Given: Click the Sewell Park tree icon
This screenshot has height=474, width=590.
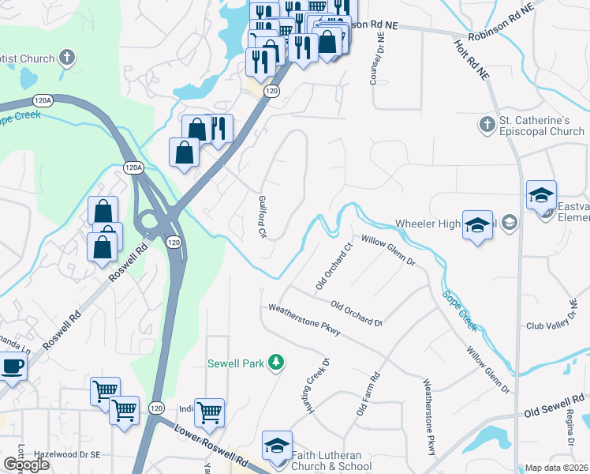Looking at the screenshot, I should pos(276,363).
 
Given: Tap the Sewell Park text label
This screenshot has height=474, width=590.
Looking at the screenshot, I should pos(236,363).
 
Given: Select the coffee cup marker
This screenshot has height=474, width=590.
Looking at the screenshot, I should pos(12,367).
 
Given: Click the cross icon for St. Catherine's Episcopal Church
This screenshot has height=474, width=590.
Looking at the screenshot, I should pos(487,124).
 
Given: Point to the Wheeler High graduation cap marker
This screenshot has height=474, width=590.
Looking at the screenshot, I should pos(477,224).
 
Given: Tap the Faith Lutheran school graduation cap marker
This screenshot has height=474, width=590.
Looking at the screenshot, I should pos(277,446).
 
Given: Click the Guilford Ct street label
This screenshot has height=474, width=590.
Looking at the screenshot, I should pos(262,217).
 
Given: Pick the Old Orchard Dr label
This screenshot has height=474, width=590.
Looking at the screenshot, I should pos(357,313).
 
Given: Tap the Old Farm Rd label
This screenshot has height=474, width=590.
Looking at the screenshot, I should pos(368,394).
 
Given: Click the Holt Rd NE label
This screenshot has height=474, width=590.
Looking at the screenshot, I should pos(472,61).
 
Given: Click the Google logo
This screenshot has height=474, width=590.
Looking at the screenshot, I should pos(26,465).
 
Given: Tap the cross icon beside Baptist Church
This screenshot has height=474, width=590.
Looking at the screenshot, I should pos(68,58).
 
